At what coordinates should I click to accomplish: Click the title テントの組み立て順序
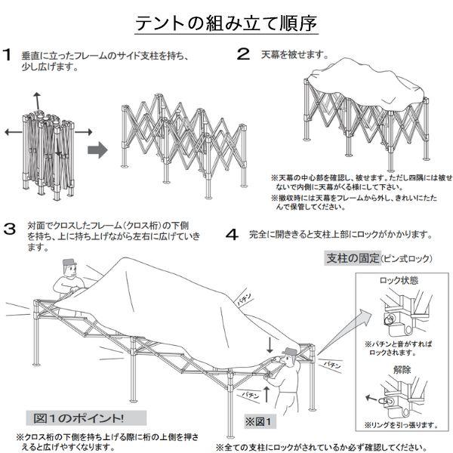click(226, 24)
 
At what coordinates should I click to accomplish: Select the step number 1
click(8, 55)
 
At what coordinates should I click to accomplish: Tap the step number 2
click(242, 54)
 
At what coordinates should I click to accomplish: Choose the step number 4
click(233, 233)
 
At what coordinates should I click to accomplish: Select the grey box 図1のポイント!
click(79, 418)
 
